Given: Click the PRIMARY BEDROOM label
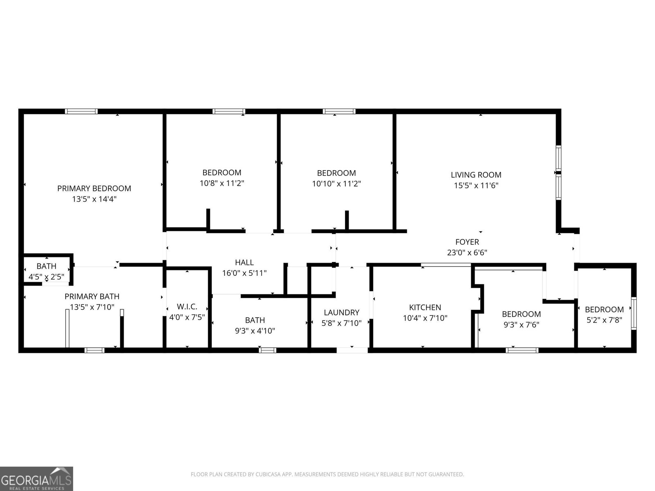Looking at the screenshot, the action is coord(94,188).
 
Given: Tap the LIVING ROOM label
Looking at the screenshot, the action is coord(476,175).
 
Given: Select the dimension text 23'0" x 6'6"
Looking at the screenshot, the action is coord(467,252).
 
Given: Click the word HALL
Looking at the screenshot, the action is coord(244,262).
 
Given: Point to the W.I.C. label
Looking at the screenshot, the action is coord(187,306).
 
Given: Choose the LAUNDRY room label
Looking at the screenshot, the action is coord(341,313).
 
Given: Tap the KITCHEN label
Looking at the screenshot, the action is coord(425,307).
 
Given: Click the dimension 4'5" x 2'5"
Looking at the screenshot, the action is coord(46,277).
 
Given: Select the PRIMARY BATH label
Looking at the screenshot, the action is coord(92,296).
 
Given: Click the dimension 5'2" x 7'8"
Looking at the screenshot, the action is coord(604,320).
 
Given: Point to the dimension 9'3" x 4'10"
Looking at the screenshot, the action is coord(255,331).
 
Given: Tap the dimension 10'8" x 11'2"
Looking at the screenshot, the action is coord(222,183).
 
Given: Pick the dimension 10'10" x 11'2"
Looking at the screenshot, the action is coord(337,184).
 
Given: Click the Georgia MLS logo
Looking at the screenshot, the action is coord(36,478).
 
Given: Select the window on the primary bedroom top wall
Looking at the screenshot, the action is coord(81,111).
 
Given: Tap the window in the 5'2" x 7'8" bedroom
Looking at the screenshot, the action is coord(634,313).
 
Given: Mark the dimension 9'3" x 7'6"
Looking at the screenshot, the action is coord(521,324).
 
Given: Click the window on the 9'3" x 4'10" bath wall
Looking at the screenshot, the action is coord(267,350).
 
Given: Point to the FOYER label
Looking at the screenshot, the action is coord(467,242).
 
